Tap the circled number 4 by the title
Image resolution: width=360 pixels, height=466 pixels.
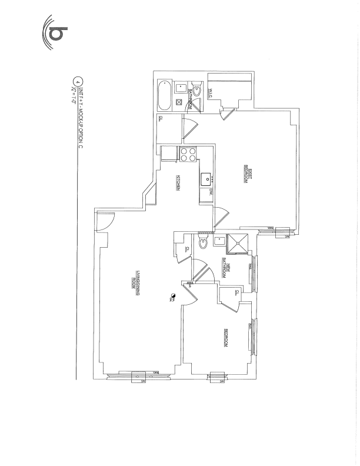75,82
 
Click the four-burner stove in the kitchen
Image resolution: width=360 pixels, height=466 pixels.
188,155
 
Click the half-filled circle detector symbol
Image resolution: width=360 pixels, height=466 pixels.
172,296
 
